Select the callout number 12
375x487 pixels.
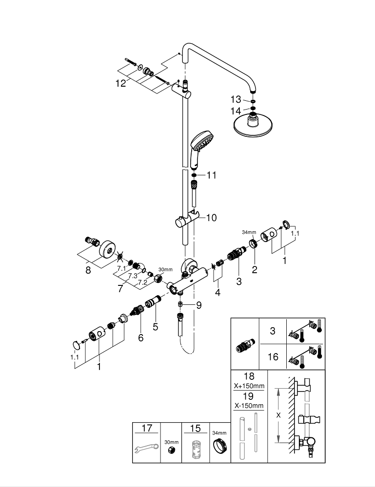(x=120, y=83)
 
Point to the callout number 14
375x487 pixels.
(x=236, y=111)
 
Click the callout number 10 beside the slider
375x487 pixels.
(x=212, y=218)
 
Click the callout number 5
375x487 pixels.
(x=155, y=327)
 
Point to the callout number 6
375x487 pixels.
(x=140, y=337)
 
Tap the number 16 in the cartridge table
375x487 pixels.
(x=273, y=357)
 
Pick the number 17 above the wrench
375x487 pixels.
(x=146, y=429)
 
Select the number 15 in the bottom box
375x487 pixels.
(x=196, y=429)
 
